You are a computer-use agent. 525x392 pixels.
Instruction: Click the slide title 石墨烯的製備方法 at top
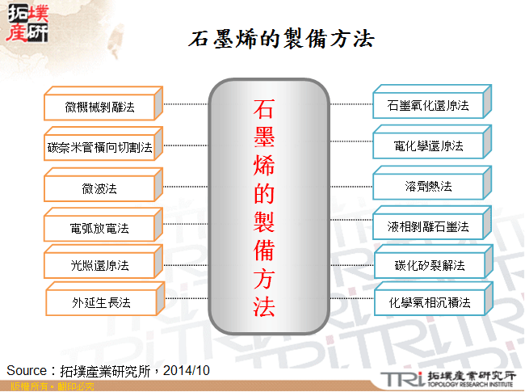[x=281, y=39]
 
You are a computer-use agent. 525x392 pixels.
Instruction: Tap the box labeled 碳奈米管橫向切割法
[x=100, y=148]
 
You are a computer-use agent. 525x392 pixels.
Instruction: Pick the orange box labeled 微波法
[x=100, y=188]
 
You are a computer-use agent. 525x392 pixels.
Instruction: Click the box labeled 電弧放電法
[x=100, y=228]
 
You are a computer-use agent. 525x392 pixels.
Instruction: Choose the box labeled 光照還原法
[x=100, y=265]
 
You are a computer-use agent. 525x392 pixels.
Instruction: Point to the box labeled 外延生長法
[x=100, y=303]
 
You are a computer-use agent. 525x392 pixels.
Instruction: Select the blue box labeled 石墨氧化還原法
[x=428, y=106]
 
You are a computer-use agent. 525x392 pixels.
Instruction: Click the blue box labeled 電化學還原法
[x=428, y=146]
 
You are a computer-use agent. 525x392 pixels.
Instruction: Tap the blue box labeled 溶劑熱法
[x=428, y=187]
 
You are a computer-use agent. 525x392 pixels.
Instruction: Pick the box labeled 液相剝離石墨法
[x=428, y=227]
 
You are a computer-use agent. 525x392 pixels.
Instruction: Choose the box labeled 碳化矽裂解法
[x=428, y=266]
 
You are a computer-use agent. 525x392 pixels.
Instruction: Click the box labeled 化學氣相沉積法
[x=428, y=303]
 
